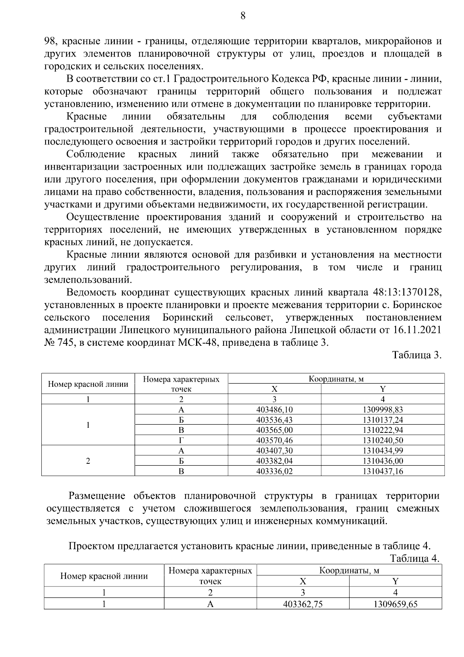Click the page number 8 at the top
pos(243,16)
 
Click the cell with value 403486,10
pos(274,410)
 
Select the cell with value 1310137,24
pos(382,420)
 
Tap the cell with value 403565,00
pos(274,430)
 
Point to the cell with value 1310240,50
pos(382,440)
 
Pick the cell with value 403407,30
pos(274,451)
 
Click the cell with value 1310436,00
pos(382,461)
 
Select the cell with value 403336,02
pos(274,471)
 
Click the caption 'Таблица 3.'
pos(416,355)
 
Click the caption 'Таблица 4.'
pos(415,559)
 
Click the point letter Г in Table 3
pos(181,440)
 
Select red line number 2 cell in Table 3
pos(88,461)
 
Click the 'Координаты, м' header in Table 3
pos(336,379)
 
